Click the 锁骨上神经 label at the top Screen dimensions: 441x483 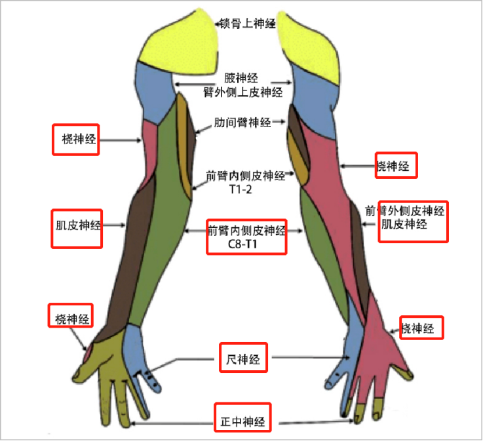[x=246, y=24]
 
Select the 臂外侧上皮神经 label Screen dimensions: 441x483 [x=243, y=92]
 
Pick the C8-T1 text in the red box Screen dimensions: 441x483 [x=246, y=245]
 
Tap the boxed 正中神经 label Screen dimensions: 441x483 [x=242, y=423]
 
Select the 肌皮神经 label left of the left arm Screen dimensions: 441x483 [x=77, y=226]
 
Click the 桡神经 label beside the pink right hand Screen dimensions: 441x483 [x=418, y=328]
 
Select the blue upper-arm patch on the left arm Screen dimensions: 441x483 [x=153, y=88]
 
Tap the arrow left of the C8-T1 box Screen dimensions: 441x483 [x=195, y=231]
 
